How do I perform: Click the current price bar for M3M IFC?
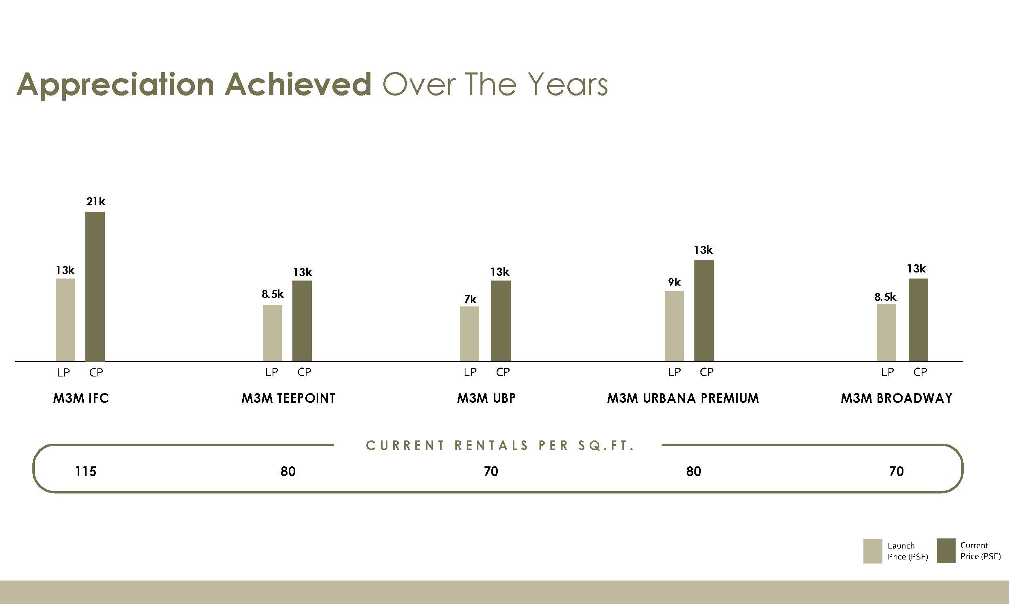pyautogui.click(x=95, y=286)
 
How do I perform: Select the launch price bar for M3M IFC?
pyautogui.click(x=65, y=319)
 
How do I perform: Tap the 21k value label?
pyautogui.click(x=95, y=202)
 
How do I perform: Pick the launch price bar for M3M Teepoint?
pyautogui.click(x=272, y=332)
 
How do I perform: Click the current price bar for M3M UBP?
pyautogui.click(x=500, y=320)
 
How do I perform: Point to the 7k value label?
pyautogui.click(x=470, y=300)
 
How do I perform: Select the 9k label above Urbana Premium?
pyautogui.click(x=674, y=282)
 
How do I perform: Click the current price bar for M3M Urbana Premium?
pyautogui.click(x=704, y=310)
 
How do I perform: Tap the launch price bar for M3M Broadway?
pyautogui.click(x=886, y=332)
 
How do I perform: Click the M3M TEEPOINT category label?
pyautogui.click(x=288, y=398)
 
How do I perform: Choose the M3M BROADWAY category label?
pyautogui.click(x=897, y=398)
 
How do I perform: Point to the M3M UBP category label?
pyautogui.click(x=486, y=398)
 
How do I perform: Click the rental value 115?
pyautogui.click(x=85, y=471)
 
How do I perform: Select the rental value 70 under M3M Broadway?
pyautogui.click(x=896, y=471)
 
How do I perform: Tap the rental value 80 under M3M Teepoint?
pyautogui.click(x=288, y=471)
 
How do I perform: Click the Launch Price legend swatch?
pyautogui.click(x=872, y=551)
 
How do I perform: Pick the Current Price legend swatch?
pyautogui.click(x=946, y=551)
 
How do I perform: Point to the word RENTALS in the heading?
pyautogui.click(x=491, y=446)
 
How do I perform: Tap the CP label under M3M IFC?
pyautogui.click(x=96, y=372)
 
